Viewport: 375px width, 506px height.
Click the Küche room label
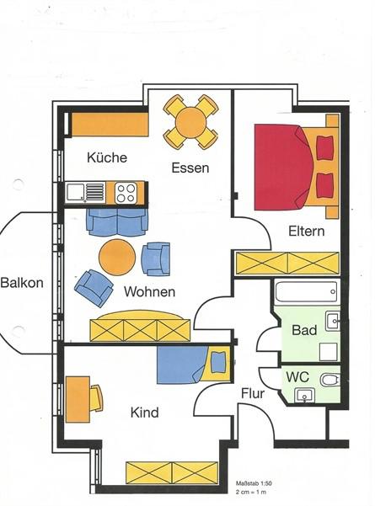click(107, 157)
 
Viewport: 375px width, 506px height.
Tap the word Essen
click(190, 168)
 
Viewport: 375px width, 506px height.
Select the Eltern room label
click(306, 231)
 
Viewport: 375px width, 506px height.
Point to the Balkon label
click(22, 283)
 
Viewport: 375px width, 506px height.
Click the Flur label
click(253, 393)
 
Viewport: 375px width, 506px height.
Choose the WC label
click(297, 376)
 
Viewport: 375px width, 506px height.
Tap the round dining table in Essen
click(191, 122)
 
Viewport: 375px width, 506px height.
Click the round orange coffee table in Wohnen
click(117, 257)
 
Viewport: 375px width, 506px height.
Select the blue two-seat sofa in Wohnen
click(117, 222)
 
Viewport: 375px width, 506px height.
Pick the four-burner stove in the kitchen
click(126, 193)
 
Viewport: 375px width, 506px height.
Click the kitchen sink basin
click(75, 192)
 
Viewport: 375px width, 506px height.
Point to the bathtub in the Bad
click(306, 292)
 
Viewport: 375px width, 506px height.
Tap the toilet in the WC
click(330, 380)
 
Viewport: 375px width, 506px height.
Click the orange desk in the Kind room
click(78, 399)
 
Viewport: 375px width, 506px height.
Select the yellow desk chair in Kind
click(96, 398)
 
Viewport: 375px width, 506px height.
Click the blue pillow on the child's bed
click(218, 362)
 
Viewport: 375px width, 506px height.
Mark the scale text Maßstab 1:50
click(254, 483)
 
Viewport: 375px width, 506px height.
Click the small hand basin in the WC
click(305, 396)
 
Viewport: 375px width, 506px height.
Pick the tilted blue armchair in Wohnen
click(94, 288)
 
